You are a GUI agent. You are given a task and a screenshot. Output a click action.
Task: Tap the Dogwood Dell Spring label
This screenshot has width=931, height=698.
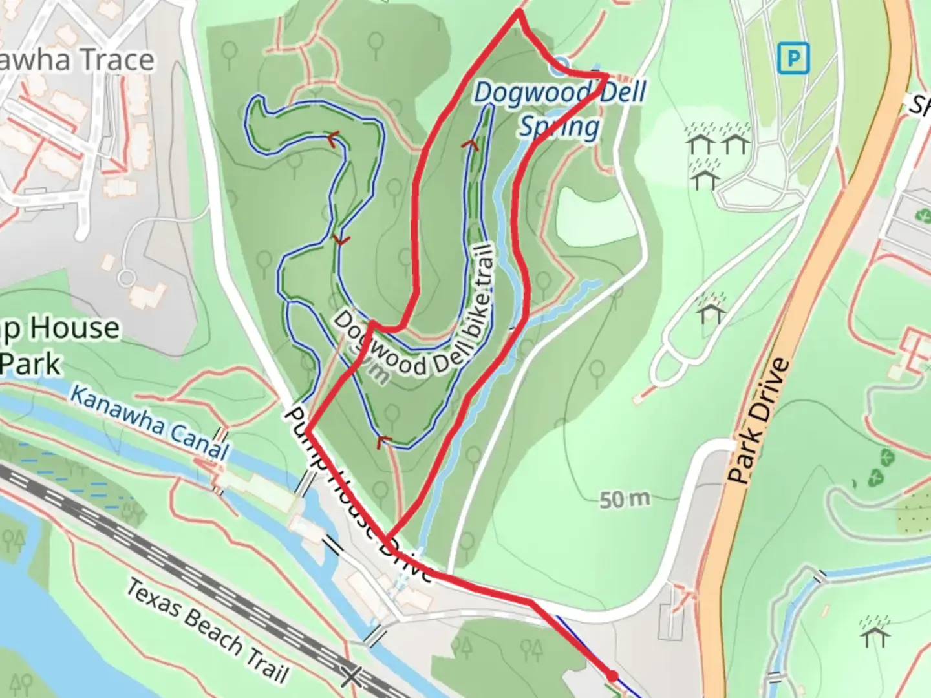pyautogui.click(x=560, y=109)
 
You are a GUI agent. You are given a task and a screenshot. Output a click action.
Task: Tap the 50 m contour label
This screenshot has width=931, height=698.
pyautogui.click(x=624, y=500)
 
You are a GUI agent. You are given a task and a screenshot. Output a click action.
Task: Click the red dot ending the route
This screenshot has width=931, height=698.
pyautogui.click(x=612, y=677)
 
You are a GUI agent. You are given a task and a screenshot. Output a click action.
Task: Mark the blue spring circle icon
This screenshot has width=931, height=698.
pyautogui.click(x=560, y=65)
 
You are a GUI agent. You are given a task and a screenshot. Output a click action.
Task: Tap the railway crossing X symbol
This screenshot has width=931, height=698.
pyautogui.click(x=351, y=677)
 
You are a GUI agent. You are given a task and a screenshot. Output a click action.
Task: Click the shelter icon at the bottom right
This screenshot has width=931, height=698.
pyautogui.click(x=875, y=632)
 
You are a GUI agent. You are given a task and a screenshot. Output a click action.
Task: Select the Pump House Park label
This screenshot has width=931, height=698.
pyautogui.click(x=58, y=346)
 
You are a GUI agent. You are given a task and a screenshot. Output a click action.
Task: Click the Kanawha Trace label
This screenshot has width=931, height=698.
pyautogui.click(x=78, y=60)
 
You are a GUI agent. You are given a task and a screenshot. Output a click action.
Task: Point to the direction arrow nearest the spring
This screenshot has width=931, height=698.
pyautogui.click(x=471, y=144)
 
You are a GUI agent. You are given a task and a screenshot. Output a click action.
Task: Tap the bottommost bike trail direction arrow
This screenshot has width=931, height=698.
pyautogui.click(x=385, y=441)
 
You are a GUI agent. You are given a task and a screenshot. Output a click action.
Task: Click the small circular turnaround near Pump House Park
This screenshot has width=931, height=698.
pyautogui.click(x=127, y=278)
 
